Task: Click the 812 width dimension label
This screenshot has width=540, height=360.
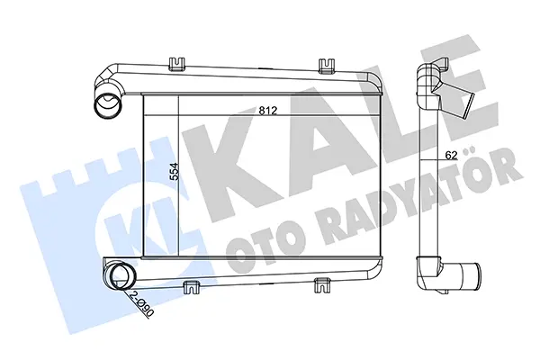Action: (268, 111)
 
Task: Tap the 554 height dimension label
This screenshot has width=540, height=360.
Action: (175, 171)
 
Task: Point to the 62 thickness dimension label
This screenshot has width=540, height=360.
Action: (451, 156)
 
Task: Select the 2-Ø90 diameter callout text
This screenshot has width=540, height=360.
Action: (142, 303)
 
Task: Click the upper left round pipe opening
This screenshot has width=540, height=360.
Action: (107, 105)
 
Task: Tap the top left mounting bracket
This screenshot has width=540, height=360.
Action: (176, 64)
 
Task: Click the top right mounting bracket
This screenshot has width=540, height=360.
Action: (326, 66)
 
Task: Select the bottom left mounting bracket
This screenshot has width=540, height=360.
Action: (192, 287)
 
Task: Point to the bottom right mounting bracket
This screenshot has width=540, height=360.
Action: (323, 285)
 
